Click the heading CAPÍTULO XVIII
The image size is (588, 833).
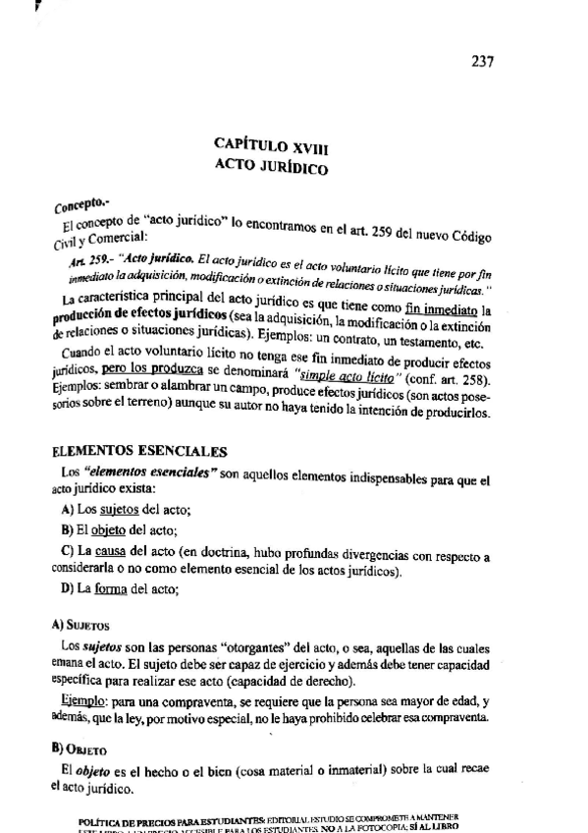(x=271, y=145)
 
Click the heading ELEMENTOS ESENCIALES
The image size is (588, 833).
(x=138, y=451)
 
